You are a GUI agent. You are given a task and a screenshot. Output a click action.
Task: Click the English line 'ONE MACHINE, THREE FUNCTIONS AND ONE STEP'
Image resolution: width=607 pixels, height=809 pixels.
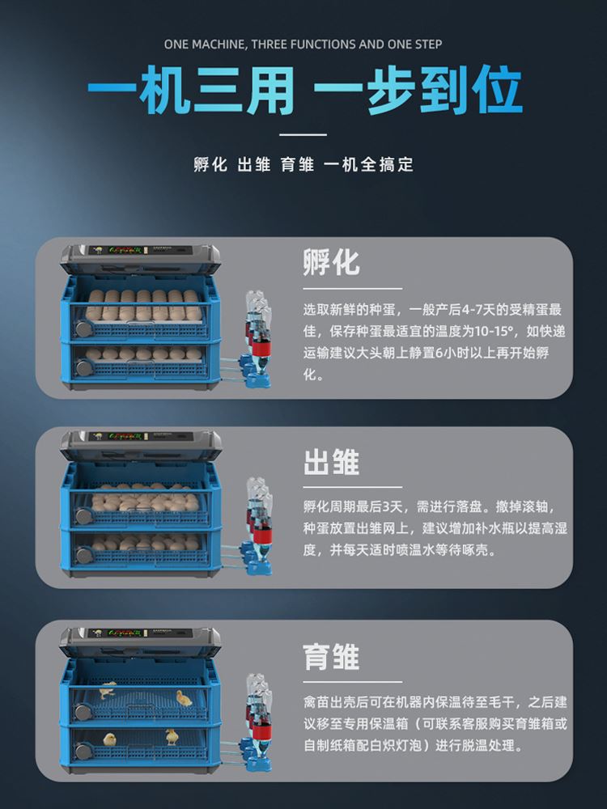coord(303,44)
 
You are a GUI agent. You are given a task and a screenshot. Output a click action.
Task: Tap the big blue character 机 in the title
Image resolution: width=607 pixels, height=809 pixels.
coord(164,91)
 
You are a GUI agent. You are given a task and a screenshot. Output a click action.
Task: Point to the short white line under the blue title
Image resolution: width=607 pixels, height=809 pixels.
coord(303,134)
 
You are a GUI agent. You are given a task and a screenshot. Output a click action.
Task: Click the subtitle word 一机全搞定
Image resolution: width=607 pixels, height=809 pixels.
coord(368,164)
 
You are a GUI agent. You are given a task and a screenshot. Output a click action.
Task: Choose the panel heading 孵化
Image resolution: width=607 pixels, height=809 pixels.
coord(331,262)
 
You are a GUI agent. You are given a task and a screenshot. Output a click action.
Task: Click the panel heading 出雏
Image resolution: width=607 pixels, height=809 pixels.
coord(331,461)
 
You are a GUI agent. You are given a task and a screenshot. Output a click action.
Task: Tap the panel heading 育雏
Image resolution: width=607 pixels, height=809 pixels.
coord(331,656)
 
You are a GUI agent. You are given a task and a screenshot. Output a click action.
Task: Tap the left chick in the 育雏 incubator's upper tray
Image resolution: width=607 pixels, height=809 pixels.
coord(108,690)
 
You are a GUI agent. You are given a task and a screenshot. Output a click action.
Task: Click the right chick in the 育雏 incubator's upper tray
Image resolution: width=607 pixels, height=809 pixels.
coord(184,698)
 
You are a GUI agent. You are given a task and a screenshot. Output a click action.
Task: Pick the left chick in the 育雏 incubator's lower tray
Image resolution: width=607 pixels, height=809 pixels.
coord(109,739)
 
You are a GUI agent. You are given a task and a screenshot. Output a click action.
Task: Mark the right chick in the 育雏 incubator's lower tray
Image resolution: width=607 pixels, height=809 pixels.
coord(172,737)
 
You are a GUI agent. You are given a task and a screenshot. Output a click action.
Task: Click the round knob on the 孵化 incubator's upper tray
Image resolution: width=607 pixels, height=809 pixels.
coord(82,328)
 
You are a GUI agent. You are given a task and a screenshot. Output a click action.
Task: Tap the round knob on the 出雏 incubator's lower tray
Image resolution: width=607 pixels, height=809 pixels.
coord(83,556)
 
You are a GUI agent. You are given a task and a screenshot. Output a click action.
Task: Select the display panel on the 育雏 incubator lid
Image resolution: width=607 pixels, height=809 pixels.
coord(142,633)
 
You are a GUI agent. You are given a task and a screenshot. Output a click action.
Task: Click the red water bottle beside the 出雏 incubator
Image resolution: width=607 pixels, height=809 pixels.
coord(261,532)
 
